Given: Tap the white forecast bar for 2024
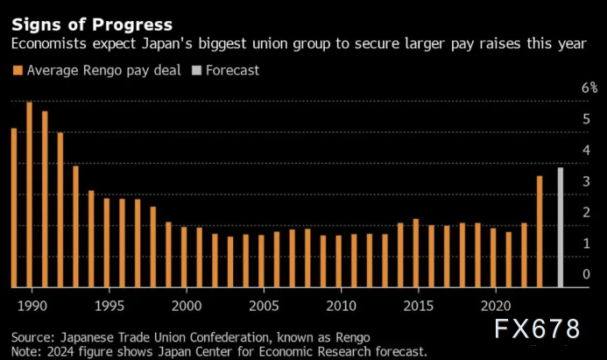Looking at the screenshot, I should point(561,228).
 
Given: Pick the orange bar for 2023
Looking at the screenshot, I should point(540,232).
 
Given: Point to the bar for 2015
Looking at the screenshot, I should point(416,253).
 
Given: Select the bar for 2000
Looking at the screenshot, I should point(184,258).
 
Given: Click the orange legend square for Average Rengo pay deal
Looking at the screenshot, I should point(17,70).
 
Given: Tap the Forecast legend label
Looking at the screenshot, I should point(232,70).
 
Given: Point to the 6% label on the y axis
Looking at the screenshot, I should point(589,88).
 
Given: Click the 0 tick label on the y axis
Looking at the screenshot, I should point(586,274).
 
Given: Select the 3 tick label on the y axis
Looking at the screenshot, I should point(586,181).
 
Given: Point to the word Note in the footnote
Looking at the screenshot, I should point(26,350).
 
